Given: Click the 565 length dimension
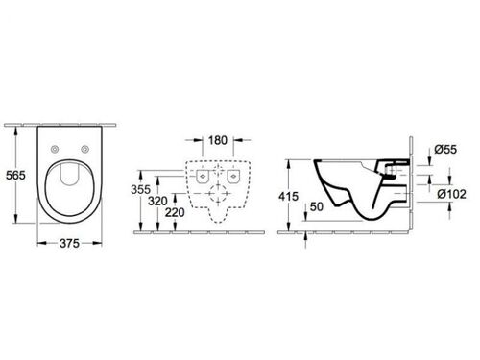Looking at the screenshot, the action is point(15,175).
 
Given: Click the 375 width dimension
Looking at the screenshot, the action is point(69,244).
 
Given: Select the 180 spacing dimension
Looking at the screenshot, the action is point(218,140).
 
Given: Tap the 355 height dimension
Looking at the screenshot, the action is point(140,189).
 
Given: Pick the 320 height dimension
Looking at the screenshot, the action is point(157,201).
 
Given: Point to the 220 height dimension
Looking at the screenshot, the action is point(175,212).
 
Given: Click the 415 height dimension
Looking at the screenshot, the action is point(288,196).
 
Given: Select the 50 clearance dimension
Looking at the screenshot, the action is point(317,206).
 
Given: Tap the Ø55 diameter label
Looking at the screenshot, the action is point(445,149).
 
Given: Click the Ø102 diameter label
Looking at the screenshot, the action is point(451,194).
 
